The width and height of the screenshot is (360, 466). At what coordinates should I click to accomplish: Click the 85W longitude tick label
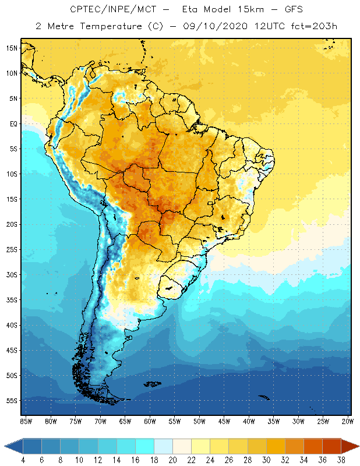pyautogui.click(x=26, y=421)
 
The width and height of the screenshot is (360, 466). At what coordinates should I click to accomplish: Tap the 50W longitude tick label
pyautogui.click(x=199, y=421)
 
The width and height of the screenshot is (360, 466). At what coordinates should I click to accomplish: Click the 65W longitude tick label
pyautogui.click(x=125, y=421)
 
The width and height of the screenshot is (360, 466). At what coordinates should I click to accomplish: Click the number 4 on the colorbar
pyautogui.click(x=23, y=460)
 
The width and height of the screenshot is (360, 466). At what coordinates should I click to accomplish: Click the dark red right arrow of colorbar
pyautogui.click(x=351, y=447)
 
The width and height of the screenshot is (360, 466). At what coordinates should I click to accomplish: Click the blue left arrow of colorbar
pyautogui.click(x=13, y=447)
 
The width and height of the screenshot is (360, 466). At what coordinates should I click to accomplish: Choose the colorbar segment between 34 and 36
pyautogui.click(x=313, y=447)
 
